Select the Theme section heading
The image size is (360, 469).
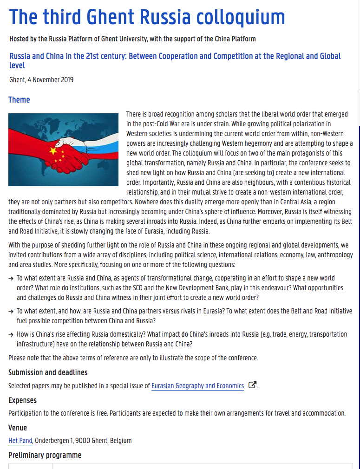pyautogui.click(x=19, y=100)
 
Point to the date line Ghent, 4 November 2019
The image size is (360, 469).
pyautogui.click(x=41, y=80)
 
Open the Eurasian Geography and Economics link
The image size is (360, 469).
pyautogui.click(x=197, y=386)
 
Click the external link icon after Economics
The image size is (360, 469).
pyautogui.click(x=252, y=385)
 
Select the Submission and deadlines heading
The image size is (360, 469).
pyautogui.click(x=48, y=372)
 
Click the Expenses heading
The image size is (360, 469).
pyautogui.click(x=22, y=400)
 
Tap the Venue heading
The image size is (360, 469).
pyautogui.click(x=18, y=428)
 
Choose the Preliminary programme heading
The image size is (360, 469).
pyautogui.click(x=45, y=455)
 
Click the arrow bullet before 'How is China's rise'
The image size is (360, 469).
pyautogui.click(x=11, y=334)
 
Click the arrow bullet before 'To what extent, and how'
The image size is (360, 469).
pyautogui.click(x=11, y=312)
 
